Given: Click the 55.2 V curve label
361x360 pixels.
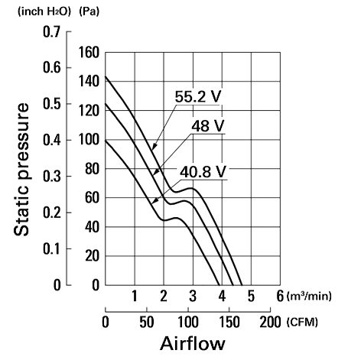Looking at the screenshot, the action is click(198, 96).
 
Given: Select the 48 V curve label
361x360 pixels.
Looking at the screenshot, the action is click(207, 125).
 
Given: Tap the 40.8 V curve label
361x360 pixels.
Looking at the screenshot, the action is click(203, 171).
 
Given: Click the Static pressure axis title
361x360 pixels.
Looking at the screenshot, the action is click(21, 169).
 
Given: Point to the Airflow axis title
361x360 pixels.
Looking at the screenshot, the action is click(193, 343).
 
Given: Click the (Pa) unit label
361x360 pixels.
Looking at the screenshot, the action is click(89, 11).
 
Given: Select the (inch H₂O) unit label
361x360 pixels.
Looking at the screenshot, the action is click(44, 11).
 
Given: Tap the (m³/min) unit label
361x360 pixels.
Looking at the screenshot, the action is click(309, 296).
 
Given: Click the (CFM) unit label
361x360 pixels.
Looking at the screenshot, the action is click(302, 323).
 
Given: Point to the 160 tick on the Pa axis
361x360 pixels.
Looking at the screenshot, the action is click(89, 53).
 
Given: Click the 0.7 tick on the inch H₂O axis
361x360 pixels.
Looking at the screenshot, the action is click(52, 32).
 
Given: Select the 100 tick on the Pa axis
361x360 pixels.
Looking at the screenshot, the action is click(89, 140).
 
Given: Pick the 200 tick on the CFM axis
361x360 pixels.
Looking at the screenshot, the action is click(270, 322).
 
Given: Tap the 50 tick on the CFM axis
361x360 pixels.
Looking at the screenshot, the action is click(147, 322).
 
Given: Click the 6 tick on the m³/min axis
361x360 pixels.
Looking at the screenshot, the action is click(280, 296).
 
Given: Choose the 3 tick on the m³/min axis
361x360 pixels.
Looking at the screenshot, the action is click(193, 296).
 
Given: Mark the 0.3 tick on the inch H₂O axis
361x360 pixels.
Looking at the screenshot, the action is click(52, 176).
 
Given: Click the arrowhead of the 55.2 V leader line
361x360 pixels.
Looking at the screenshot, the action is click(154, 147).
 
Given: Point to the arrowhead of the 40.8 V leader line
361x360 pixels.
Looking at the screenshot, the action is click(154, 201).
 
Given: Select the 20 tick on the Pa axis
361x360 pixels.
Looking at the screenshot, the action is click(92, 256).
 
